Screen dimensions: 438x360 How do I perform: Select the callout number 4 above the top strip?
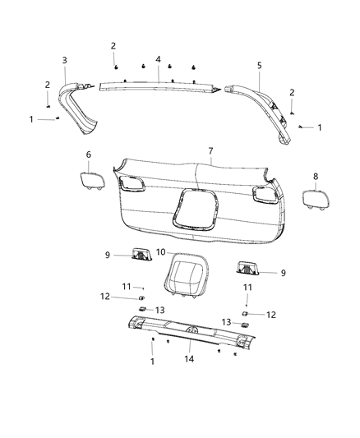tap(157, 59)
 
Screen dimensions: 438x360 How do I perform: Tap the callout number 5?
tap(259, 65)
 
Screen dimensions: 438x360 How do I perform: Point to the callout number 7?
tap(210, 151)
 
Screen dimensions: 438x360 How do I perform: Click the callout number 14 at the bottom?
tap(190, 359)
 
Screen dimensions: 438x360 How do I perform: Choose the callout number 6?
tap(89, 154)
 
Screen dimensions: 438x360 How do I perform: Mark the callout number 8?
tap(315, 176)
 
